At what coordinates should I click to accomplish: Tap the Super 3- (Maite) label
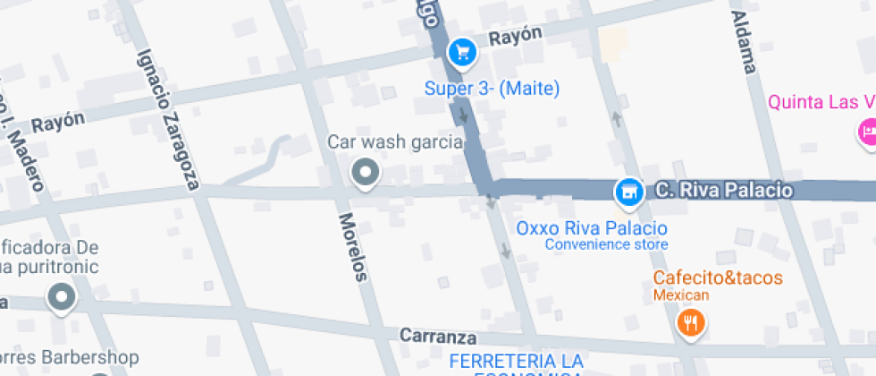(492, 88)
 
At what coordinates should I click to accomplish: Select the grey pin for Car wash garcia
(365, 172)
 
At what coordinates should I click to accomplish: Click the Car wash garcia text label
(395, 141)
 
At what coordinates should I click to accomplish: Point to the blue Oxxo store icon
(629, 191)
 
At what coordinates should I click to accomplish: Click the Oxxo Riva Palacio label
(592, 227)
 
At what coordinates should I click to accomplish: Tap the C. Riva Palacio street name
(723, 190)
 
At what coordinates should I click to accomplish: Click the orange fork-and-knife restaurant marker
(689, 322)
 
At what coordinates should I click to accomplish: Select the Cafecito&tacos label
(717, 278)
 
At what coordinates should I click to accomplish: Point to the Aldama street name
(744, 42)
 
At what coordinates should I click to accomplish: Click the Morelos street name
(352, 247)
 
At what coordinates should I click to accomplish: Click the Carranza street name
(438, 337)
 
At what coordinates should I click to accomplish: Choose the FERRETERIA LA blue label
(516, 360)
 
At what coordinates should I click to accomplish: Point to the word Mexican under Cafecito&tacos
(680, 295)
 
